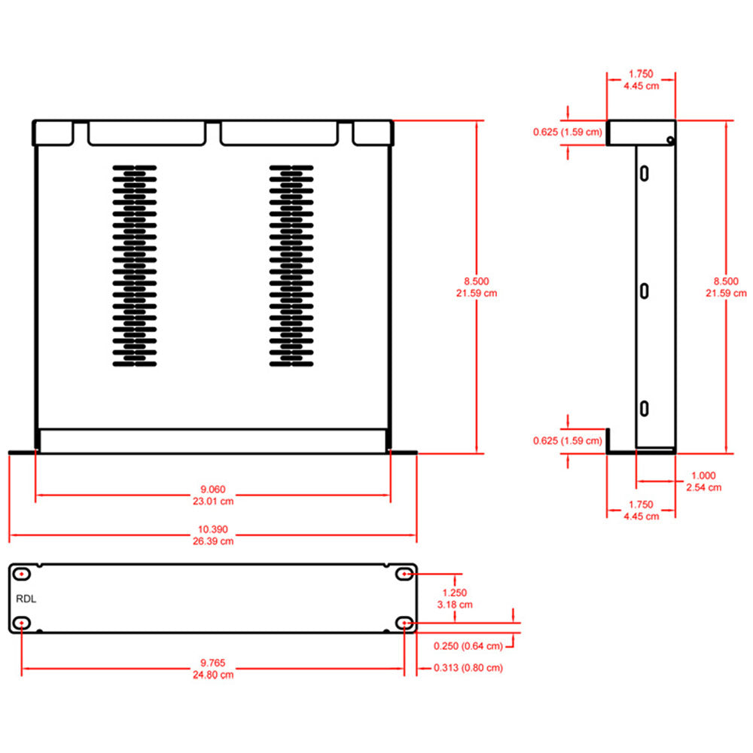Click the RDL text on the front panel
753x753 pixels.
pos(26,599)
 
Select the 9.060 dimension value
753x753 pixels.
pos(212,488)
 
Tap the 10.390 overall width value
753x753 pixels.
pos(212,530)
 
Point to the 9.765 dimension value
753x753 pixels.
pos(212,663)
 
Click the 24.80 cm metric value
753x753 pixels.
pos(212,675)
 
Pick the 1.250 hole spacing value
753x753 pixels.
pos(455,593)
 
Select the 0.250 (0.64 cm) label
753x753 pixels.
pos(468,646)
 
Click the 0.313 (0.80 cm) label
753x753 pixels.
pos(468,668)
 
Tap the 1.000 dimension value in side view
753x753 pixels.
pos(703,476)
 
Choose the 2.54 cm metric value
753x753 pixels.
pos(703,487)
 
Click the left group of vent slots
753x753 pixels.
pos(136,267)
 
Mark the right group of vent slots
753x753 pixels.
pos(291,267)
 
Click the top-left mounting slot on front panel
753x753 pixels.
pos(23,575)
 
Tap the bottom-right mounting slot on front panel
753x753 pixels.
pos(405,623)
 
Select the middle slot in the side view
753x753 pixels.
pos(645,291)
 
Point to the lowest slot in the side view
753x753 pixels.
pos(645,408)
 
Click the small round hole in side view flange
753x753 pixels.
pos(669,139)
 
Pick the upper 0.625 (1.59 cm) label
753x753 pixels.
pos(567,133)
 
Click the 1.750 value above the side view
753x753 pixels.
pos(641,75)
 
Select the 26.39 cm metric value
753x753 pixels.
pos(212,541)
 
